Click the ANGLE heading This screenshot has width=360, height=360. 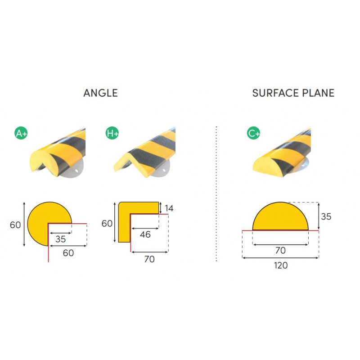tap(100, 93)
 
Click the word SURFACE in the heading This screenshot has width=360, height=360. tap(275, 93)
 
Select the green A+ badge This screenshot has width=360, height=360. tap(21, 133)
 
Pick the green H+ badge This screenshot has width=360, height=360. tap(112, 133)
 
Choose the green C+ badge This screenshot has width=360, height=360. tap(253, 133)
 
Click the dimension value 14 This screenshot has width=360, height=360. tap(169, 208)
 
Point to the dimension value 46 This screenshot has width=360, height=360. tap(145, 234)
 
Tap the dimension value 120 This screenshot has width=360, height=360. tap(281, 265)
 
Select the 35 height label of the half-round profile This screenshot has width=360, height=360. tap(326, 216)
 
